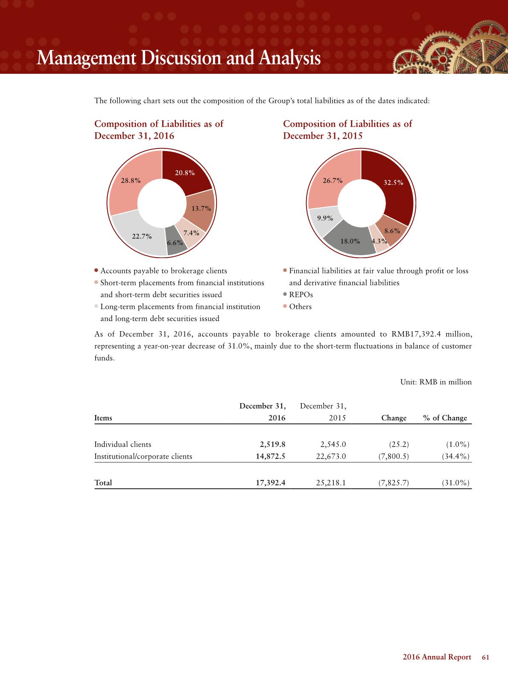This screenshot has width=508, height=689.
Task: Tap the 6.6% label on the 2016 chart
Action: (x=175, y=243)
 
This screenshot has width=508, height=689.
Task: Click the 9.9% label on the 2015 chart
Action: (x=325, y=218)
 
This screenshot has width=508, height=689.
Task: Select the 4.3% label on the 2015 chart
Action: (x=379, y=241)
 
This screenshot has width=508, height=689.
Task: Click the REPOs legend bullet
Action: (x=285, y=294)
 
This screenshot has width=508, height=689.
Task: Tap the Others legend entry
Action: (x=300, y=306)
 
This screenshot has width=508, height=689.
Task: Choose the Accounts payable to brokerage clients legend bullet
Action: (x=96, y=270)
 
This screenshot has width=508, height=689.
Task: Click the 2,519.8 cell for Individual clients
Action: (x=272, y=444)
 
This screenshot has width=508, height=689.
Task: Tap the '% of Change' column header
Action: (x=445, y=418)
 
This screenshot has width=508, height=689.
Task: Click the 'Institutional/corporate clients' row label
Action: (x=143, y=456)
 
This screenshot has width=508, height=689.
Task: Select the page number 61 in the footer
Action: (x=485, y=657)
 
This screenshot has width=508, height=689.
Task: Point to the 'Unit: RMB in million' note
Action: (x=435, y=382)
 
